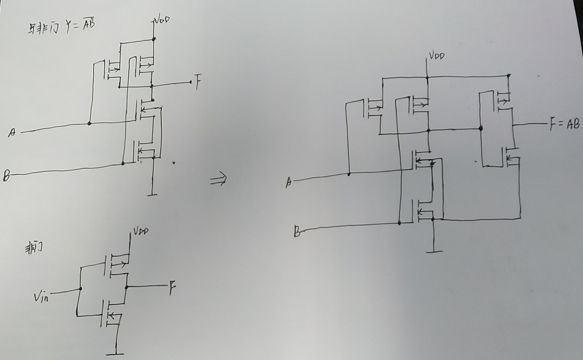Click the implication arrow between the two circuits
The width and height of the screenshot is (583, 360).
[x=218, y=179]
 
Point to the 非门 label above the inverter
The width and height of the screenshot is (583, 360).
[x=34, y=249]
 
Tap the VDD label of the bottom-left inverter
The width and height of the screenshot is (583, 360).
[x=141, y=232]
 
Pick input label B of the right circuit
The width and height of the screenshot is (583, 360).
[x=297, y=232]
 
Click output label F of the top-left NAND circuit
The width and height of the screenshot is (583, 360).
[x=198, y=84]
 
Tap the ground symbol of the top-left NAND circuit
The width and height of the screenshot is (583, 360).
[x=152, y=194]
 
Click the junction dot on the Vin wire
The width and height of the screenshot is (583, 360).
[x=80, y=289]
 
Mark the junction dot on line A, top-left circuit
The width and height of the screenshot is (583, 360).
[x=89, y=124]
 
